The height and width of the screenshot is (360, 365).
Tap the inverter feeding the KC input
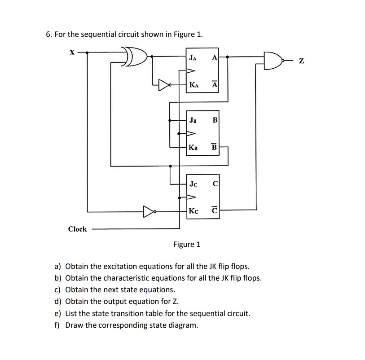tap(150, 211)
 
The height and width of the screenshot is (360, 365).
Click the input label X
tap(72, 53)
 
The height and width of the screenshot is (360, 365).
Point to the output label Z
tap(301, 61)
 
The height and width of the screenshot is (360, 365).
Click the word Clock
tap(77, 229)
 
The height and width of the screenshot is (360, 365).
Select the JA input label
tap(193, 57)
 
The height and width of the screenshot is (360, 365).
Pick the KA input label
tap(194, 85)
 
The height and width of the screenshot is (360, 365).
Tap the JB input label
tap(193, 120)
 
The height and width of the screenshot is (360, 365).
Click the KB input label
tap(193, 148)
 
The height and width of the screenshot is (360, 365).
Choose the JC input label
tap(193, 184)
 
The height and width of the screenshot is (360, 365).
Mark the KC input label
tap(193, 211)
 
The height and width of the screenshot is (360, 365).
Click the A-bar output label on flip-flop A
tap(215, 84)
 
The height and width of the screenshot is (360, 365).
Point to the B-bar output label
tap(215, 147)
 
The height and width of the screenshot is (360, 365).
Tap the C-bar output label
tap(215, 210)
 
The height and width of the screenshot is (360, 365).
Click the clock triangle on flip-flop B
tap(191, 134)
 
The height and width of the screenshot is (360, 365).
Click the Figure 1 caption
tap(187, 244)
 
